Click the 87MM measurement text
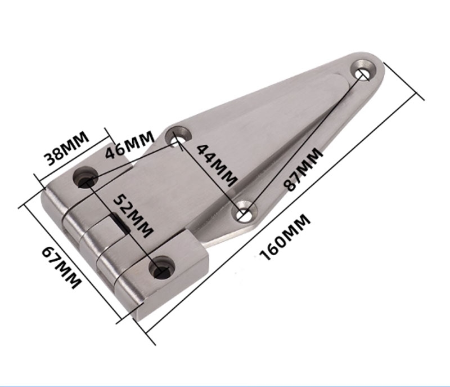pos(304,170)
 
